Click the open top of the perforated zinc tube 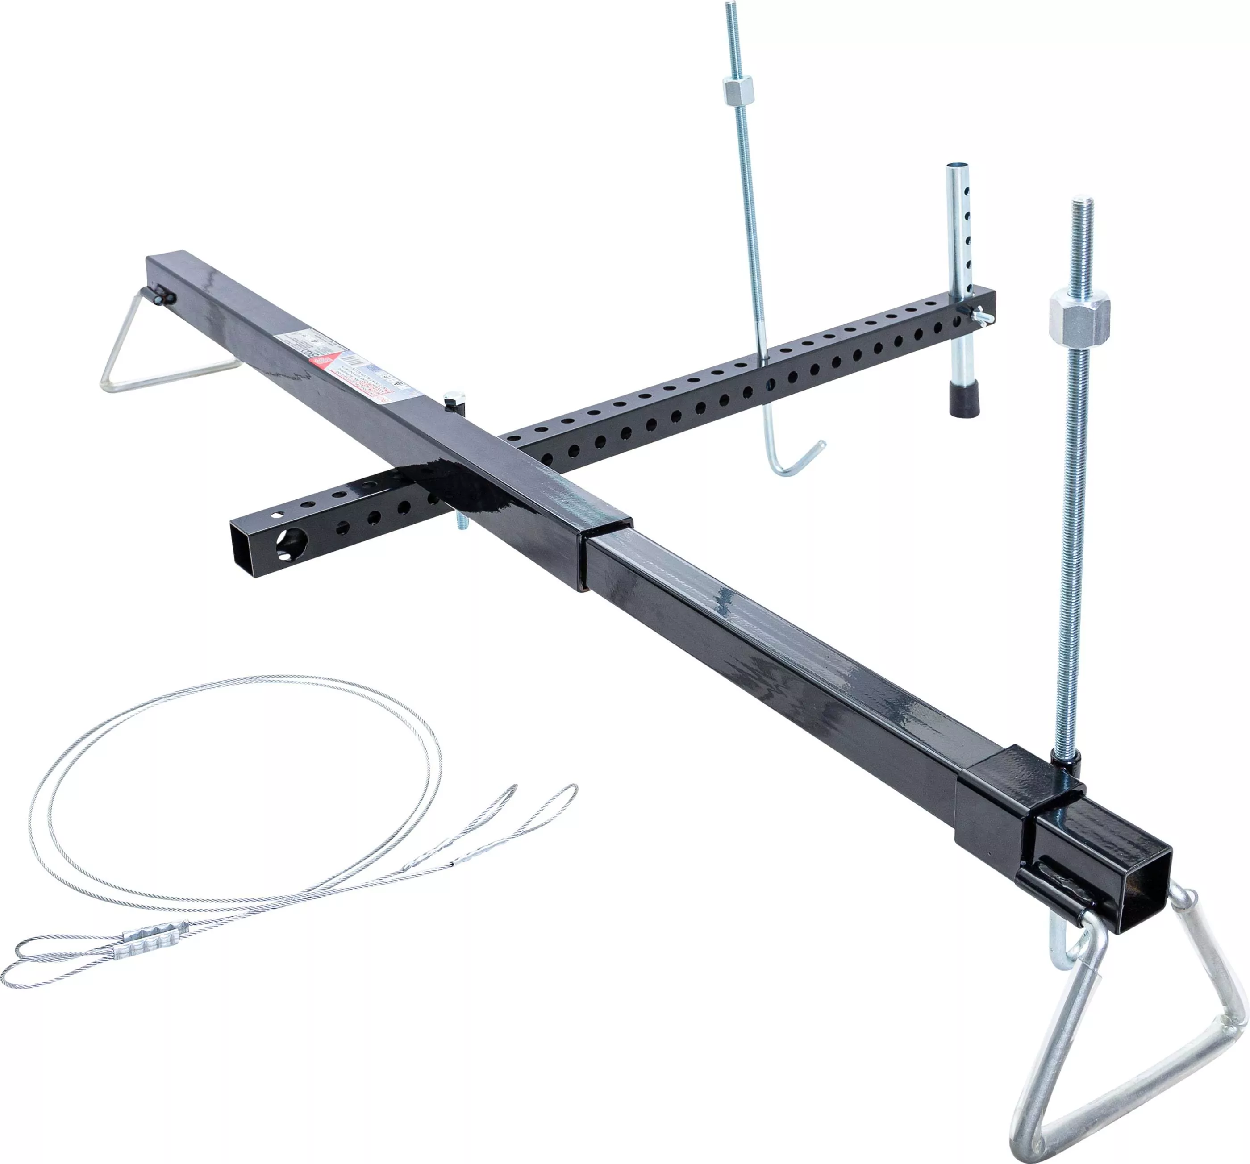pos(956,169)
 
